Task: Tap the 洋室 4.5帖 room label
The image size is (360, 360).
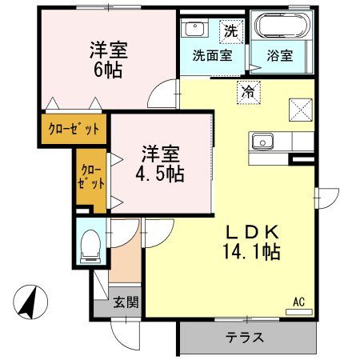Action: (x=161, y=162)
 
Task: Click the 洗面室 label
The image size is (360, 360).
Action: (x=212, y=57)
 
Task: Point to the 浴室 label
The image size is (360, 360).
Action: (x=279, y=57)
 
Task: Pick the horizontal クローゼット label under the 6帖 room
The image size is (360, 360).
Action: (x=74, y=127)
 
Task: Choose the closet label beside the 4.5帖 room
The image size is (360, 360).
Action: (x=92, y=176)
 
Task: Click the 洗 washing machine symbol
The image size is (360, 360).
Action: (x=230, y=31)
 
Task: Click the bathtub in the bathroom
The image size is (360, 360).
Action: (x=279, y=29)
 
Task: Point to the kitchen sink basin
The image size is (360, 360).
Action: (x=261, y=142)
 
